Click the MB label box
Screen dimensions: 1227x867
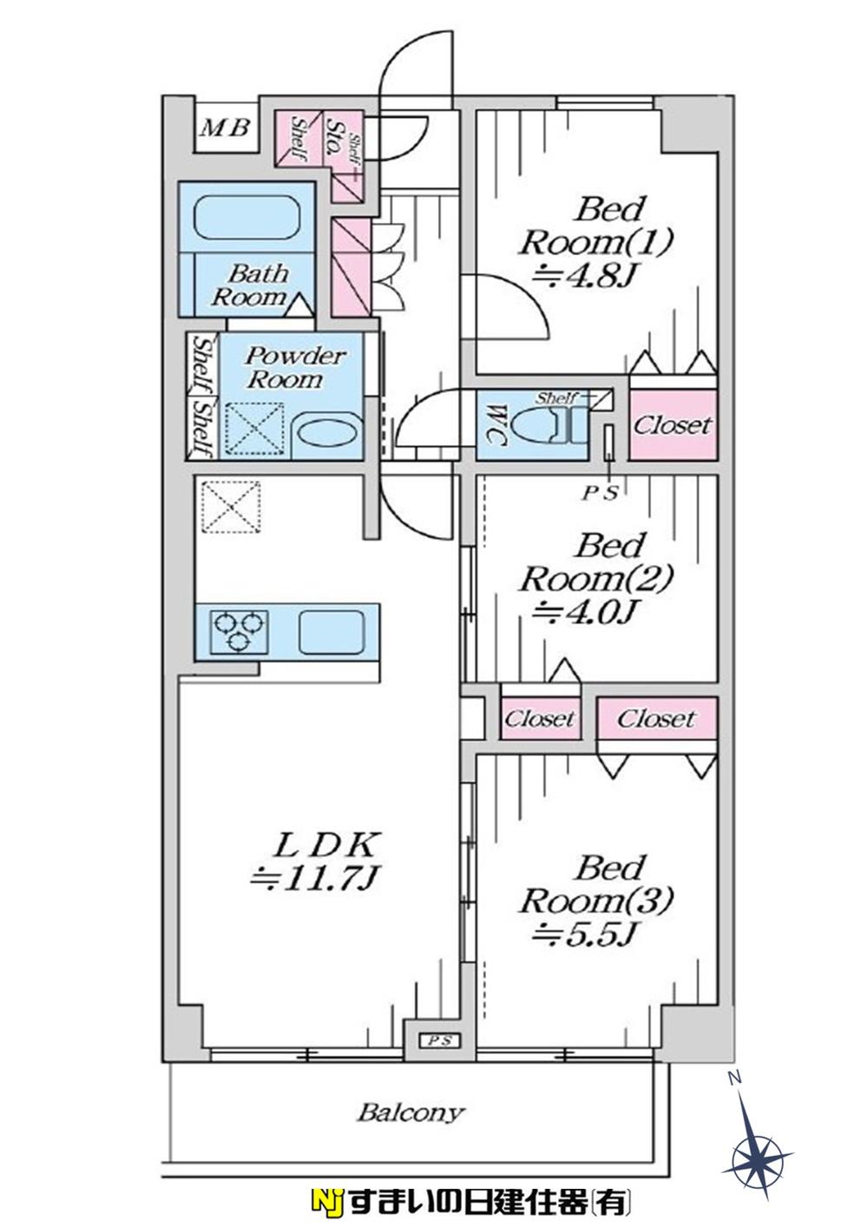click(x=226, y=128)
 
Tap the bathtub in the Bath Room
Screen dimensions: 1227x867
click(x=247, y=220)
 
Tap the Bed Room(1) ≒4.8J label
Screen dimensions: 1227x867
click(x=596, y=242)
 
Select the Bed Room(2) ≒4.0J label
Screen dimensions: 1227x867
click(x=596, y=578)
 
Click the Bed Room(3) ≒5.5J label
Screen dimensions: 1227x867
click(x=596, y=900)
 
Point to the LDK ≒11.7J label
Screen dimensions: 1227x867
click(x=315, y=860)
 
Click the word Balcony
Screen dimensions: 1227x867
click(x=411, y=1112)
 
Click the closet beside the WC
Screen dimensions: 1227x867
click(x=673, y=425)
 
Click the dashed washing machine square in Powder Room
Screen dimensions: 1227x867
click(x=254, y=430)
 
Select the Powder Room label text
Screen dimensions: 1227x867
click(x=284, y=367)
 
